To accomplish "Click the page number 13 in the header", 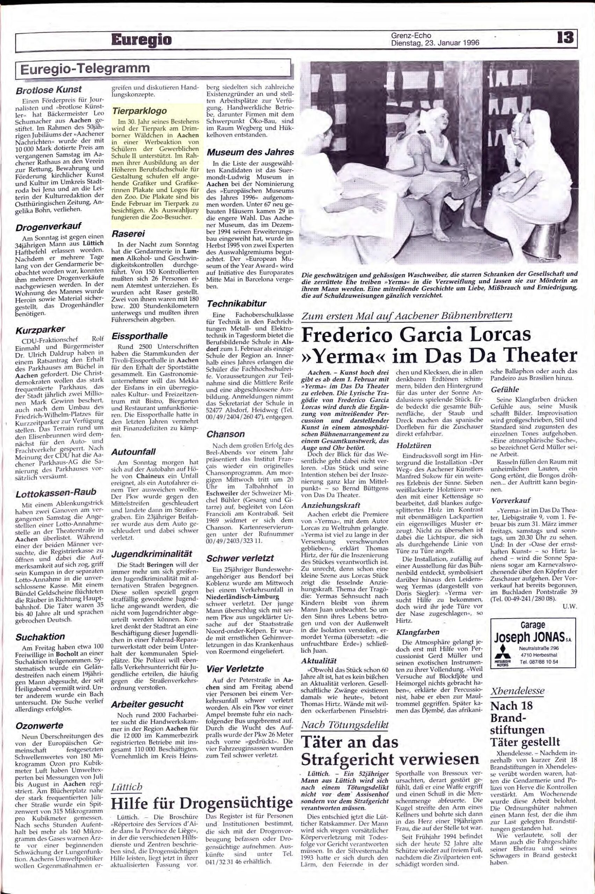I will pyautogui.click(x=565, y=39).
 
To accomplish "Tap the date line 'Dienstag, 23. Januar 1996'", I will pyautogui.click(x=435, y=43).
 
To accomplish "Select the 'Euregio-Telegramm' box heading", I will pyautogui.click(x=85, y=68).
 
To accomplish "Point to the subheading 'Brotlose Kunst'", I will pyautogui.click(x=49, y=90).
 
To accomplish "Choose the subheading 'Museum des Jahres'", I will pyautogui.click(x=251, y=152).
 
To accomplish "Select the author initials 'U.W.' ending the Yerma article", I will pyautogui.click(x=569, y=607).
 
